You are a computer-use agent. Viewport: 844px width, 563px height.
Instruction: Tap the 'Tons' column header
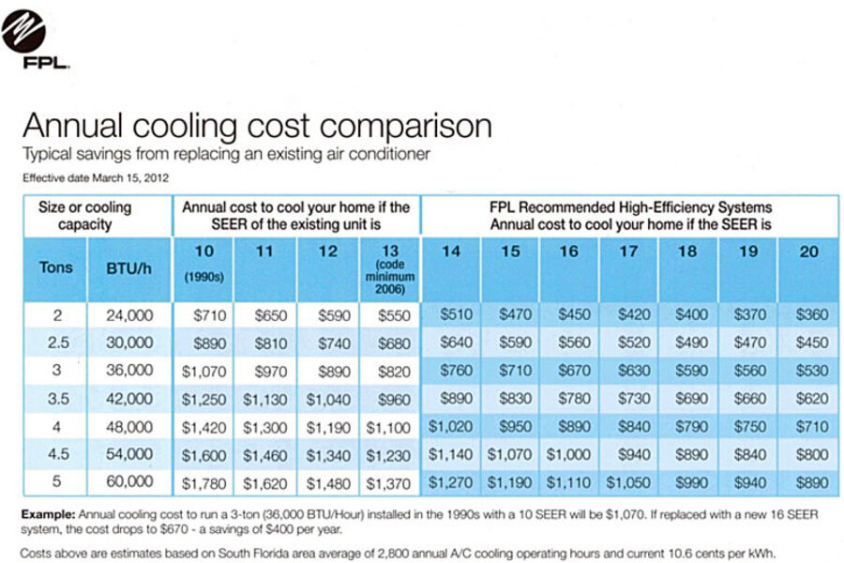(x=55, y=266)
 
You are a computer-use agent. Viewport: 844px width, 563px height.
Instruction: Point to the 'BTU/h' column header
(x=129, y=266)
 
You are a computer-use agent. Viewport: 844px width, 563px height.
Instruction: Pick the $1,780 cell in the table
(x=203, y=482)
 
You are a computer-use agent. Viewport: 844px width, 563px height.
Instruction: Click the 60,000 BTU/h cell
(x=129, y=482)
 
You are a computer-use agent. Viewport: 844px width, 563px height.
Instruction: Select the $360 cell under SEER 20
(x=811, y=315)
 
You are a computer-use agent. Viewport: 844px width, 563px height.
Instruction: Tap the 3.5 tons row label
(x=55, y=399)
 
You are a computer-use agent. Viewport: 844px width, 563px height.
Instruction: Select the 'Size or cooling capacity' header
(x=84, y=216)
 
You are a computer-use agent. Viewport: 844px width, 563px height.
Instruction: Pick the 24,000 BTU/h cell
(x=129, y=315)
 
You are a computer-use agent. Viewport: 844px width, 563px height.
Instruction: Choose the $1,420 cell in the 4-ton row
(x=203, y=427)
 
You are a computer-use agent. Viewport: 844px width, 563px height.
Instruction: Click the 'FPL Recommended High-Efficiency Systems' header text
(x=630, y=207)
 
